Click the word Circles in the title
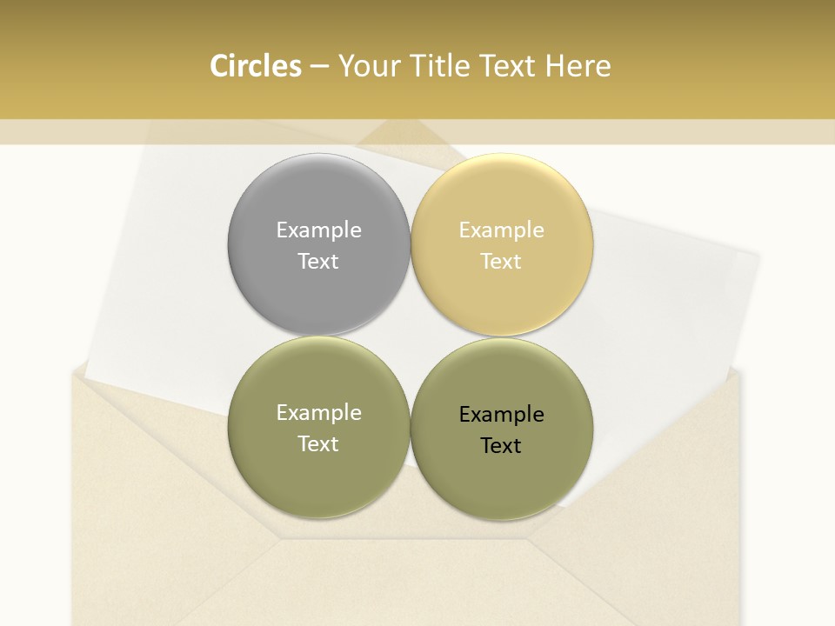pyautogui.click(x=256, y=66)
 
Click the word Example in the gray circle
pyautogui.click(x=318, y=230)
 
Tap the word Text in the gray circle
pyautogui.click(x=318, y=261)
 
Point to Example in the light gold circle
pyautogui.click(x=501, y=230)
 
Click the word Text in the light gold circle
pyautogui.click(x=501, y=261)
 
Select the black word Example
pyautogui.click(x=501, y=414)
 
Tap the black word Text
pyautogui.click(x=501, y=445)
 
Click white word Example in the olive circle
pyautogui.click(x=318, y=412)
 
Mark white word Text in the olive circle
pyautogui.click(x=318, y=443)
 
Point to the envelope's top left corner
pyautogui.click(x=73, y=371)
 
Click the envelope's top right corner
pyautogui.click(x=744, y=371)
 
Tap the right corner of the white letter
pyautogui.click(x=758, y=256)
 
